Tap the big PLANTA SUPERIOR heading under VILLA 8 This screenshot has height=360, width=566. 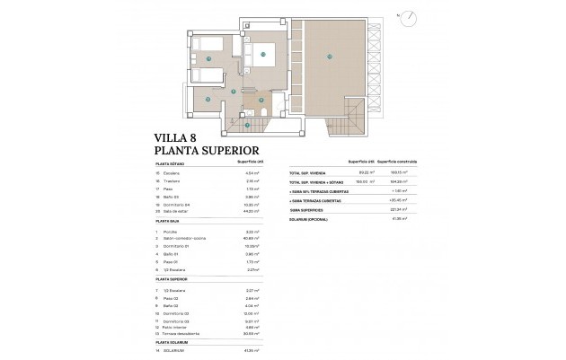pyautogui.click(x=207, y=151)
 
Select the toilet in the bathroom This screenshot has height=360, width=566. pyautogui.click(x=262, y=101)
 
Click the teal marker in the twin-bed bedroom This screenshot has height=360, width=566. pyautogui.click(x=208, y=59)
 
